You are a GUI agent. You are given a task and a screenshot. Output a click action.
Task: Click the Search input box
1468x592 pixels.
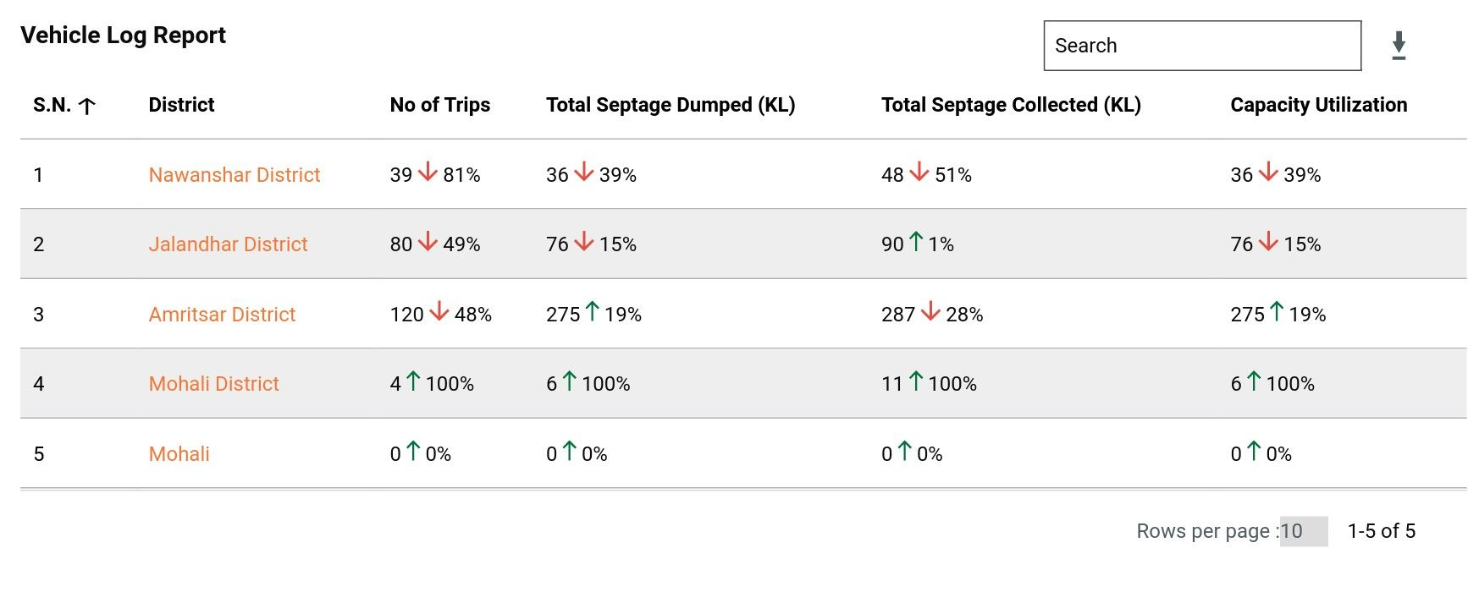(1202, 46)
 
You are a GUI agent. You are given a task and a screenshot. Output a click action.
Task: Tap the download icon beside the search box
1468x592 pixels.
(1399, 46)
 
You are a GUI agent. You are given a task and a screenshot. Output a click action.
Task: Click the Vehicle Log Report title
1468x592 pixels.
(124, 36)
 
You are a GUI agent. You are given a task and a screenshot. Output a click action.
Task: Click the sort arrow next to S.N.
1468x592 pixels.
(87, 106)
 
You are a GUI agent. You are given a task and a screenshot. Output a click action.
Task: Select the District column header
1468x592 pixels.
(181, 105)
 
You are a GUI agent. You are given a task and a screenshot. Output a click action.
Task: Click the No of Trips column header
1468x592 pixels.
(439, 105)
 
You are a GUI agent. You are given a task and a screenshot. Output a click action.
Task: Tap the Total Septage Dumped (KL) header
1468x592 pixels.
(670, 105)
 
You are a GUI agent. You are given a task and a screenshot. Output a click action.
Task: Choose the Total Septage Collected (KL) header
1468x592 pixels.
(1011, 105)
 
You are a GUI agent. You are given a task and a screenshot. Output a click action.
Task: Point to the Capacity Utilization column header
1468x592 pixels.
(1318, 105)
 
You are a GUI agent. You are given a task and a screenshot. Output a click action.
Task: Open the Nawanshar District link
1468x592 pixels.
(235, 175)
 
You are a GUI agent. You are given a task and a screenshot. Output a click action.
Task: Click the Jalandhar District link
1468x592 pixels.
(228, 244)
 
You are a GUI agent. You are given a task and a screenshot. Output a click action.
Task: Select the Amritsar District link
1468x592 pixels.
(222, 315)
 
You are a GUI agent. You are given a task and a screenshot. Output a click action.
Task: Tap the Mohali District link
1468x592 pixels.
(213, 384)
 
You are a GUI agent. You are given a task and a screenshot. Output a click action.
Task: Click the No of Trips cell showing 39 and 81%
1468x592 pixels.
(434, 175)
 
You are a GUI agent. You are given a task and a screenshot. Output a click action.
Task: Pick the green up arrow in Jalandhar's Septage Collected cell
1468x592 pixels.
(916, 242)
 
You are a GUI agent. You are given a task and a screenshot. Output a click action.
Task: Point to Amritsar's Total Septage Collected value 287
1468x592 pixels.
(898, 315)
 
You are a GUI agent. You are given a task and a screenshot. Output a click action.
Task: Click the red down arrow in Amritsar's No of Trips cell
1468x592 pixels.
(439, 312)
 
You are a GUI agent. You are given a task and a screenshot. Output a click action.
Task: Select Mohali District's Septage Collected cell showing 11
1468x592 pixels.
(929, 384)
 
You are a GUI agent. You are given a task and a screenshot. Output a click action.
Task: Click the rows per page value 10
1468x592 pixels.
(1292, 531)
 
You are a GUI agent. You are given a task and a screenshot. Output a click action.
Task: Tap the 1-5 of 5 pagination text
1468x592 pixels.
(1381, 531)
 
